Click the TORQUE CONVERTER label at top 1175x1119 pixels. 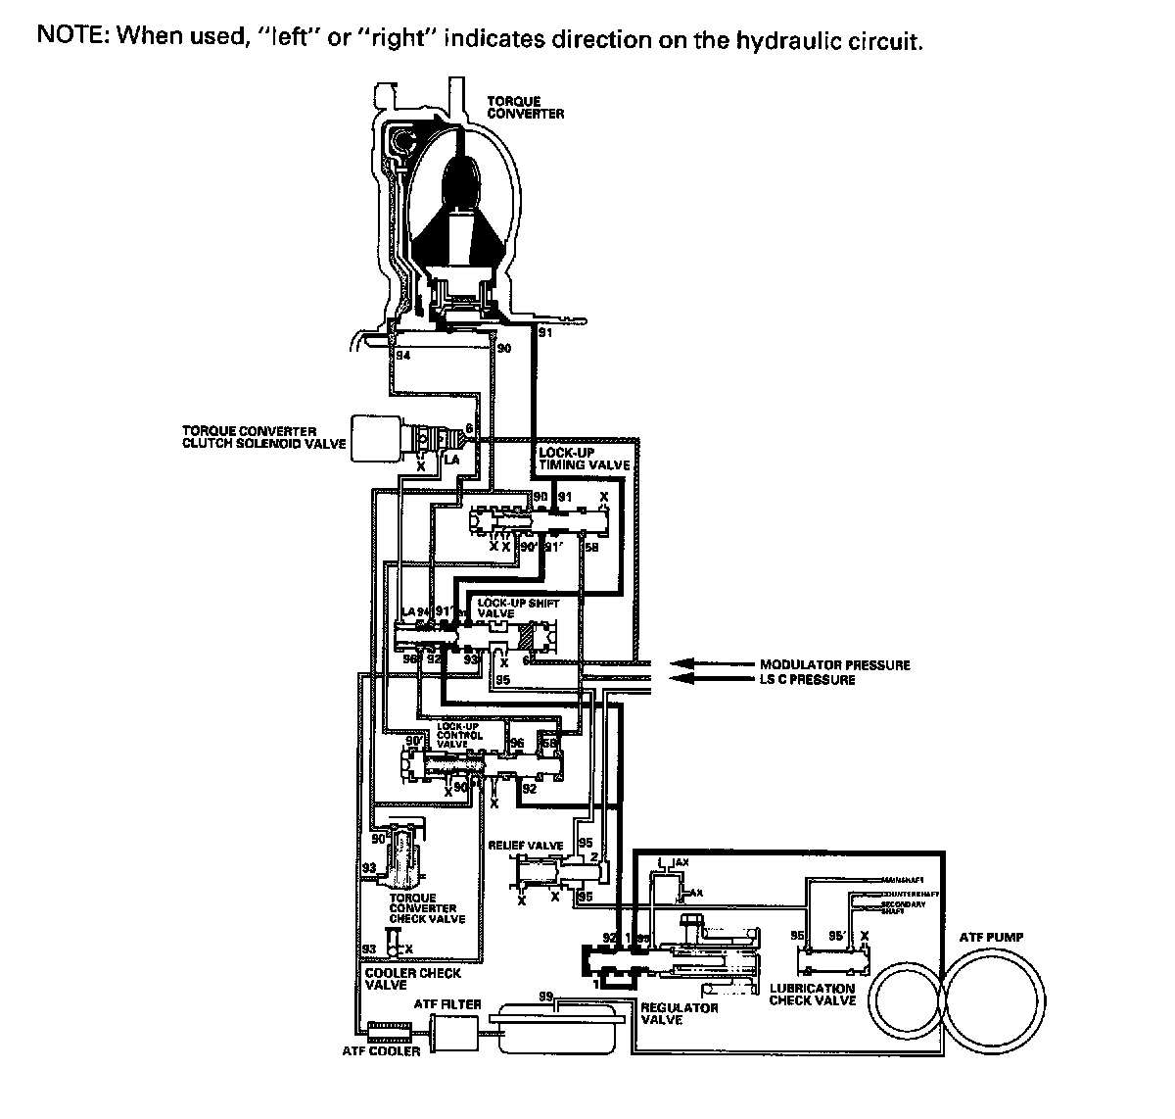pos(526,108)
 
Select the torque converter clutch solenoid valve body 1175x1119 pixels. pos(377,436)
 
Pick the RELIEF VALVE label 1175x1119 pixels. pos(526,845)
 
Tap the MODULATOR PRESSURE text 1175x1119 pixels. pos(835,664)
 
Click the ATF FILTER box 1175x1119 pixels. pos(454,1029)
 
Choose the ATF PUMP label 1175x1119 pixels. pos(991,938)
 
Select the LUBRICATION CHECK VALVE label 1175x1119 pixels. pos(813,994)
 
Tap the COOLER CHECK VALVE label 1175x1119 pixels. pos(399,979)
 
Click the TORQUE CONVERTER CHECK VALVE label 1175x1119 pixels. pos(427,908)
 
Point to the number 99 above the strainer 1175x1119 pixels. pos(545,996)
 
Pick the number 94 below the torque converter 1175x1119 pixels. pos(402,356)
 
